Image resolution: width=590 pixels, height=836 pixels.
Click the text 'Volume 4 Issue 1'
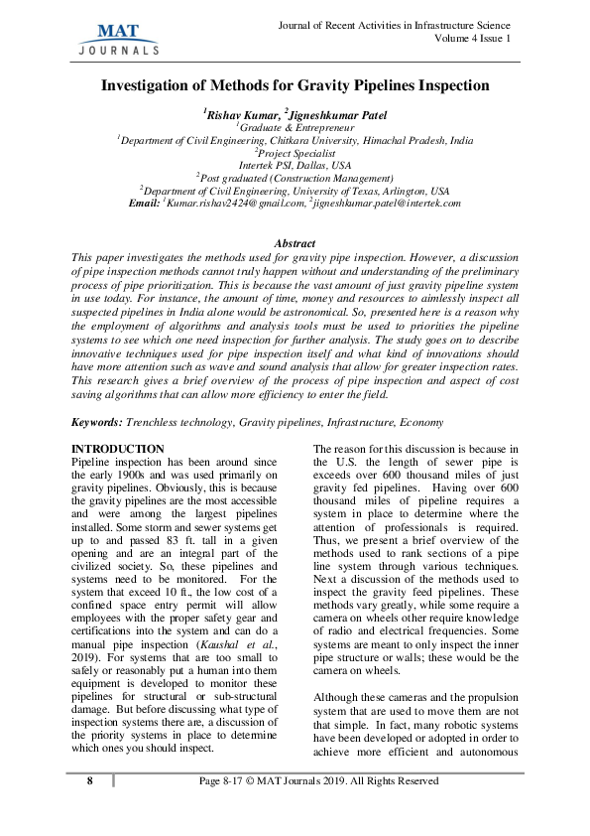pyautogui.click(x=472, y=39)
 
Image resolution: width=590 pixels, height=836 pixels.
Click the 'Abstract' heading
pyautogui.click(x=295, y=243)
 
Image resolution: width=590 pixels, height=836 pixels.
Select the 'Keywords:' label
pyautogui.click(x=98, y=422)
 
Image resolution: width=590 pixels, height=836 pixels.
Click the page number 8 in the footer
pyautogui.click(x=90, y=781)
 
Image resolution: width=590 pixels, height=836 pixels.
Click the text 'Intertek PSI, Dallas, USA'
pyautogui.click(x=295, y=165)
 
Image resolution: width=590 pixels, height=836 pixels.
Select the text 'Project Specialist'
pyautogui.click(x=296, y=153)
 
